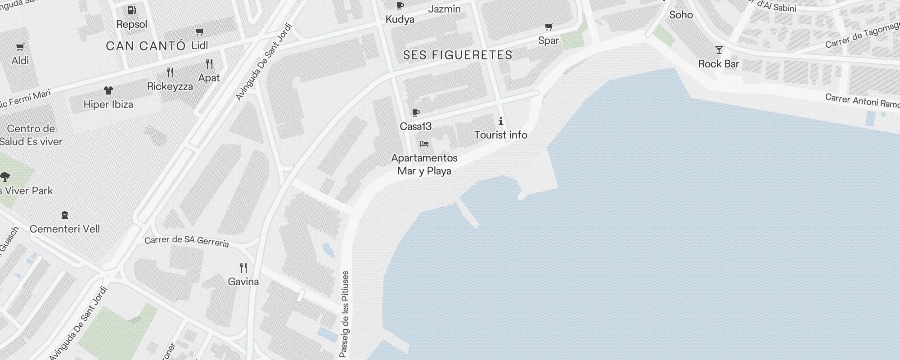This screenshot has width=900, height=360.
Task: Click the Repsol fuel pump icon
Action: [132, 10]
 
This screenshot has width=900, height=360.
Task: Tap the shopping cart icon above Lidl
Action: [199, 31]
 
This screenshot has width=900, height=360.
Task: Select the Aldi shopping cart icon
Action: [20, 47]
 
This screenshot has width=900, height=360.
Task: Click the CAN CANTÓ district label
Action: [146, 45]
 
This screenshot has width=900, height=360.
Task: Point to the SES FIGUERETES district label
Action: [458, 55]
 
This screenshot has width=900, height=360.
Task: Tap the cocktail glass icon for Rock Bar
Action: [719, 50]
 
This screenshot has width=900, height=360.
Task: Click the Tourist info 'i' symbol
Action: [500, 121]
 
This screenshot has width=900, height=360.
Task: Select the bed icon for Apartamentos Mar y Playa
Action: [424, 144]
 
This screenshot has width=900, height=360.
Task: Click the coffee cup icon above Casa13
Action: [415, 112]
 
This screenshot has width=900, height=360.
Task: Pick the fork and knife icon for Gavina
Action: [243, 268]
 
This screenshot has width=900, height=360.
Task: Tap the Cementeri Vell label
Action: [65, 229]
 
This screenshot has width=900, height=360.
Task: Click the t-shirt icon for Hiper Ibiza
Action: [108, 90]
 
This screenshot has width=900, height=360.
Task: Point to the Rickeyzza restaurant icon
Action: [170, 72]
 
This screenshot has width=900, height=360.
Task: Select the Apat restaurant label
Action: [209, 78]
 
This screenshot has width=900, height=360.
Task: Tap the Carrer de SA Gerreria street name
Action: [187, 241]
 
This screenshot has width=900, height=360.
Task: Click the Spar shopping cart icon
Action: [549, 27]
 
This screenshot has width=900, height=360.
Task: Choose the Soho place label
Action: [681, 15]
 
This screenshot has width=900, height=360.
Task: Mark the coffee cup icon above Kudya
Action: [400, 6]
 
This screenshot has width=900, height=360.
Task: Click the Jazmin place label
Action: [444, 9]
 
